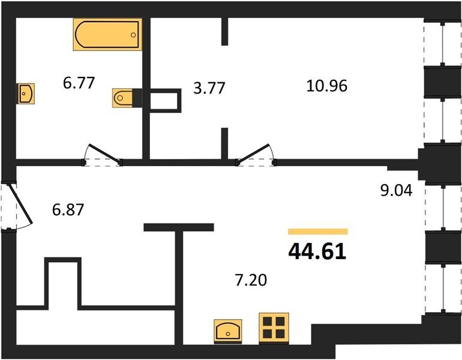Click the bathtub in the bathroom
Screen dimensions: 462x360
click(107, 34)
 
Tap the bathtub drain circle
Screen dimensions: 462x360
click(133, 35)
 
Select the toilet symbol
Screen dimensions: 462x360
click(122, 98)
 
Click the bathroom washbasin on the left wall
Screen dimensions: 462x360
click(26, 94)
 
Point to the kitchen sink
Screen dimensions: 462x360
click(228, 332)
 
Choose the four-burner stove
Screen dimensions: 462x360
click(274, 328)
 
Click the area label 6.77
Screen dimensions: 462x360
click(79, 83)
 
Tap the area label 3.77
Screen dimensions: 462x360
click(209, 88)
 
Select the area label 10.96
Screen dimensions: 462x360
click(327, 86)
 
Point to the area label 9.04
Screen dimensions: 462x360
click(396, 190)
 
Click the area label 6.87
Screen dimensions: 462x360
click(68, 210)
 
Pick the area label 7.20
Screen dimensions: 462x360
click(251, 280)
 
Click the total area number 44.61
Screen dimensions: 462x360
click(317, 252)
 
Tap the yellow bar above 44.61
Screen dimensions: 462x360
click(318, 232)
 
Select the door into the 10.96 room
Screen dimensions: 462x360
click(256, 154)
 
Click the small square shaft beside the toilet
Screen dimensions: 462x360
click(165, 100)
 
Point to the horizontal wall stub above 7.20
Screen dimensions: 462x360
click(179, 227)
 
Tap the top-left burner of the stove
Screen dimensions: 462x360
click(267, 321)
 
